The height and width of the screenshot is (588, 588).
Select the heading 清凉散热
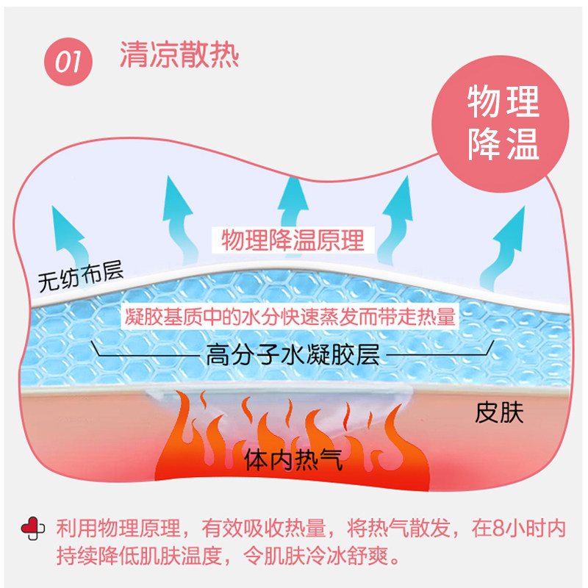click(x=180, y=55)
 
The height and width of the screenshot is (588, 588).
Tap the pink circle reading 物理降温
click(x=503, y=123)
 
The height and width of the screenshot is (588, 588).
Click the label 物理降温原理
click(x=293, y=240)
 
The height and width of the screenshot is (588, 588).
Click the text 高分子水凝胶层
click(x=292, y=357)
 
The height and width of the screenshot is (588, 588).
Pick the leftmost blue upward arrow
click(x=71, y=235)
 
